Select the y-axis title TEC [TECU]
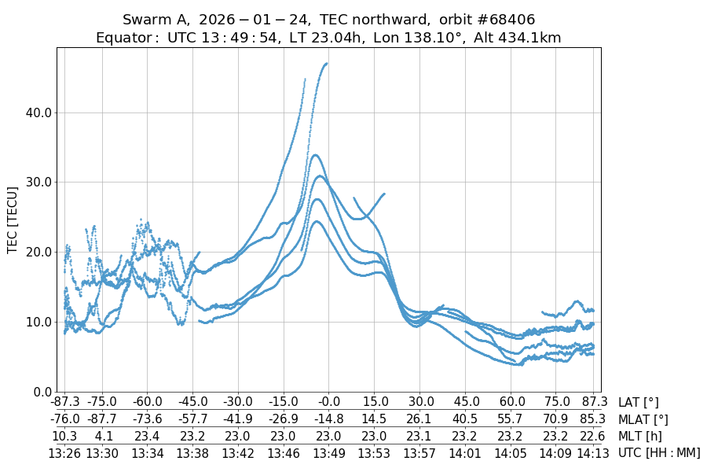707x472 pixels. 13,219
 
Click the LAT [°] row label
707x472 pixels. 639,403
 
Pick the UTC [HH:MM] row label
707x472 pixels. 658,452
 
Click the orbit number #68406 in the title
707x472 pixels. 500,19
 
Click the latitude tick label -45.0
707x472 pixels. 192,403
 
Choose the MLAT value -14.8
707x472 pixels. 328,419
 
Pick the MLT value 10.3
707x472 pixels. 64,436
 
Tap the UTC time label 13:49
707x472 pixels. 328,452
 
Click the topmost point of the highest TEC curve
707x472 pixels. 326,64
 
